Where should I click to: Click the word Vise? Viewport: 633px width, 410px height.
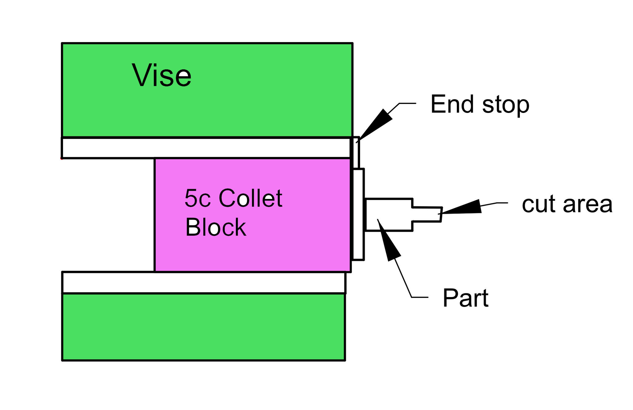pos(161,75)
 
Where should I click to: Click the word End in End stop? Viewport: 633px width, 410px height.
pos(452,104)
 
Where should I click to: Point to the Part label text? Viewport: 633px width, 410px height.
pos(465,298)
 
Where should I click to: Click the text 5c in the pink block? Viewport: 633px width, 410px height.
pos(198,198)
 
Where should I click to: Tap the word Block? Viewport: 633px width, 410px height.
pos(215,227)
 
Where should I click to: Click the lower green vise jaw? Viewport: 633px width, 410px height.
pos(203,326)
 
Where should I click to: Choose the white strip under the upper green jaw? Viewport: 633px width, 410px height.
pos(206,148)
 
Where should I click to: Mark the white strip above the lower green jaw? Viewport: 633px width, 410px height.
pos(203,282)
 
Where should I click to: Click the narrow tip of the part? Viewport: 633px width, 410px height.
pos(427,214)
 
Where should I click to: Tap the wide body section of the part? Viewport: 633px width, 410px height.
pos(389,214)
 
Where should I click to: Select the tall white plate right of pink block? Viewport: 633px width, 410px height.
pos(359,214)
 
